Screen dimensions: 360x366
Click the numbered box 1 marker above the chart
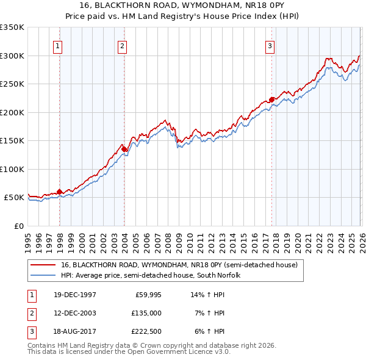coord(57,46)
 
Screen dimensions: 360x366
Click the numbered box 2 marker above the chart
coord(122,46)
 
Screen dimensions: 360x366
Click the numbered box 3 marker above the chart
coord(270,46)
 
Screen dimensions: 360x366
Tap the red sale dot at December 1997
coord(60,192)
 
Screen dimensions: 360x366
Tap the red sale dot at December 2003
coord(124,149)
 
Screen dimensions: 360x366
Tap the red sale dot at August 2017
coord(271,99)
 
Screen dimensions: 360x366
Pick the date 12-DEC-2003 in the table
coord(74,312)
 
